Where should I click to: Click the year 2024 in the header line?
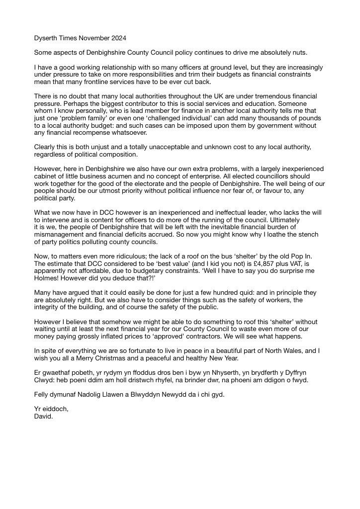click(117, 38)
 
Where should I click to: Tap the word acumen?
click(134, 176)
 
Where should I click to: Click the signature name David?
click(43, 417)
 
